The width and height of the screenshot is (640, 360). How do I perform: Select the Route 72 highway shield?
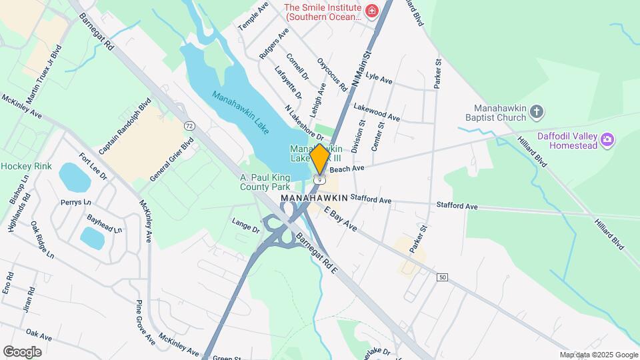tap(190, 125)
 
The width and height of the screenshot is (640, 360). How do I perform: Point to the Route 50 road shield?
tap(441, 277)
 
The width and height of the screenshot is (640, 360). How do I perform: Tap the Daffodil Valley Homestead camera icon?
tap(607, 139)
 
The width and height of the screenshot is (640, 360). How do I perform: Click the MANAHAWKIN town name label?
tap(314, 199)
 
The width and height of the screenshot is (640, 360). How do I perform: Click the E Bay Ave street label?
tap(341, 219)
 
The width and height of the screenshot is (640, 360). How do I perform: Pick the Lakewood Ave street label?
tap(377, 112)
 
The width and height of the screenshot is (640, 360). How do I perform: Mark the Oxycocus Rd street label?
tap(332, 74)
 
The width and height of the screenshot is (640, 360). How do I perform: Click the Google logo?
tap(22, 351)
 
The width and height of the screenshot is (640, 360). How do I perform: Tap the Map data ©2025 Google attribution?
tap(599, 355)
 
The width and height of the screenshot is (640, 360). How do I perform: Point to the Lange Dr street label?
tap(245, 226)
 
